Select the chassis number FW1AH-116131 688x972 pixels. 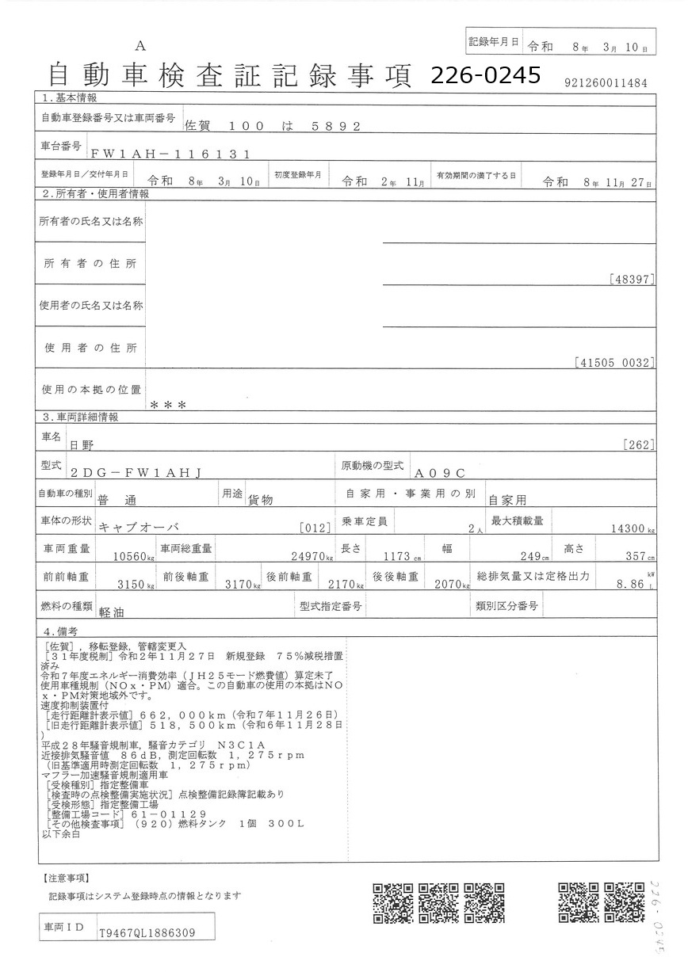pyautogui.click(x=170, y=154)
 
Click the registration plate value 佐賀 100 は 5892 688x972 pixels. pyautogui.click(x=272, y=125)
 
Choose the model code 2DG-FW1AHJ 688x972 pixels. pyautogui.click(x=136, y=473)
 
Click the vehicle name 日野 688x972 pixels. pyautogui.click(x=82, y=447)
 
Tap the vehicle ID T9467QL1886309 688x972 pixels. pyautogui.click(x=147, y=932)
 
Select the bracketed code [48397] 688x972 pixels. pyautogui.click(x=633, y=279)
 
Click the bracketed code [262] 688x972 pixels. pyautogui.click(x=640, y=445)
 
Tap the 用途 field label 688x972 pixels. pyautogui.click(x=231, y=494)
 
